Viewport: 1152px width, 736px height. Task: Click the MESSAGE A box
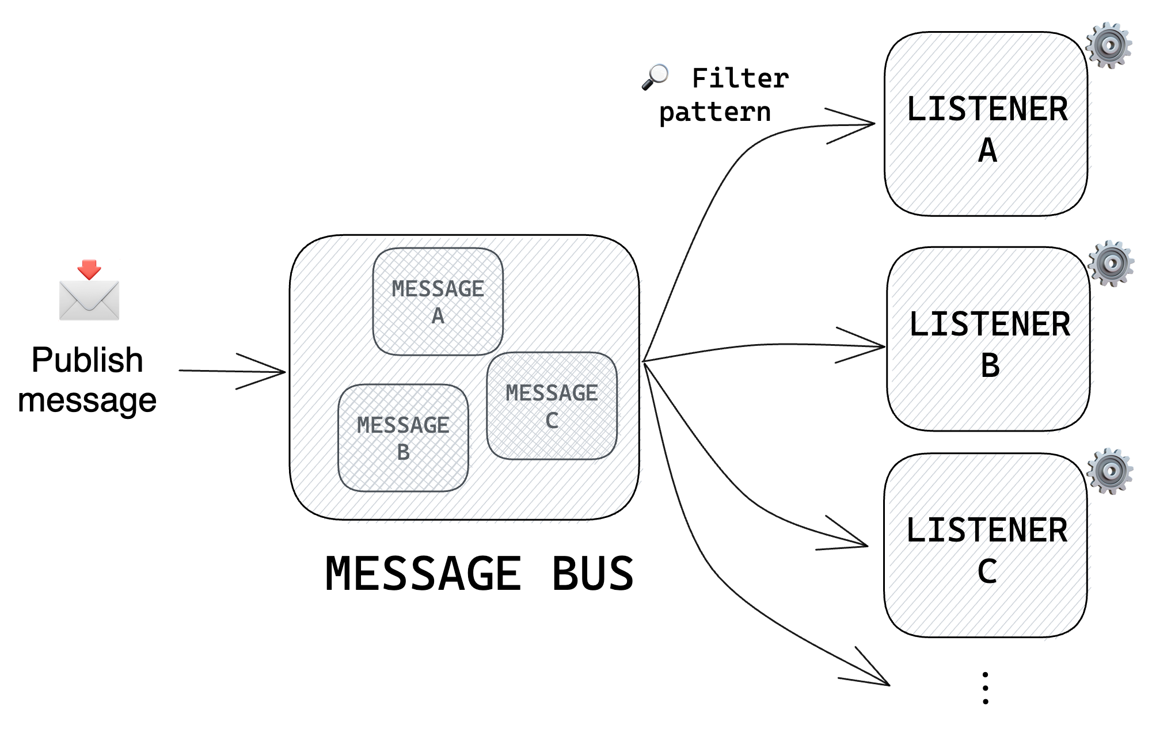click(x=438, y=302)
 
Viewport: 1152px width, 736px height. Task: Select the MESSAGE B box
click(x=403, y=438)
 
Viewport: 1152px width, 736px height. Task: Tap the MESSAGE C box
click(x=552, y=406)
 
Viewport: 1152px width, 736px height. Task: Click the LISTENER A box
click(x=986, y=124)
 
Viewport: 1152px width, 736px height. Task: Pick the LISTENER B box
click(x=988, y=340)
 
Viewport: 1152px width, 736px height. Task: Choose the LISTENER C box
click(x=986, y=546)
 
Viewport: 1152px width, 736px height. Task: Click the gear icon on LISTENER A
click(x=1108, y=45)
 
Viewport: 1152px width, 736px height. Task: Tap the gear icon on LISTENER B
click(x=1111, y=264)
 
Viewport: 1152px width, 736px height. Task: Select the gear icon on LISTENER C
click(x=1109, y=471)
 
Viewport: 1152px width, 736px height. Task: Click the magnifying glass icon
click(x=655, y=77)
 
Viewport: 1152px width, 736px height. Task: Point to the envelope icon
click(x=89, y=300)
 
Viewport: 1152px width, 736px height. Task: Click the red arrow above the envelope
click(x=89, y=269)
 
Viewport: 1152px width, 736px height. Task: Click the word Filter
click(x=740, y=78)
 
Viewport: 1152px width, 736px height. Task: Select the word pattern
click(x=714, y=112)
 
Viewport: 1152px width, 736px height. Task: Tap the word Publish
click(x=87, y=360)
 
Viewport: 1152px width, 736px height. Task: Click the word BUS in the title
click(x=592, y=574)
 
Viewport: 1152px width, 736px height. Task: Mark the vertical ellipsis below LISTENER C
click(x=986, y=688)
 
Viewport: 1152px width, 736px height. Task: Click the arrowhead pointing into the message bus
click(x=276, y=372)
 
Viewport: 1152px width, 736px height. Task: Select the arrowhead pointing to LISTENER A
click(x=864, y=124)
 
